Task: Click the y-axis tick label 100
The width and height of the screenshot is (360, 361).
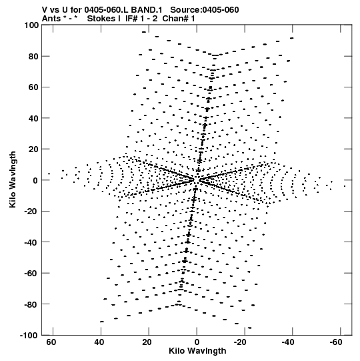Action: pos(32,25)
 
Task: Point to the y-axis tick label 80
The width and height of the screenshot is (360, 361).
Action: pos(33,57)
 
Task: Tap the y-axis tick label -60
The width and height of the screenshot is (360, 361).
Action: pos(32,274)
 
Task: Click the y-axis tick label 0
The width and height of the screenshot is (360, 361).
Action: pos(35,180)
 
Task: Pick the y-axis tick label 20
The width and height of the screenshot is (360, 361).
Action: pos(33,149)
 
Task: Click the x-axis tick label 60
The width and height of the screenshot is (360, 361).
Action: pos(51,342)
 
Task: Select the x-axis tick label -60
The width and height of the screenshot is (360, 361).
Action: pos(336,342)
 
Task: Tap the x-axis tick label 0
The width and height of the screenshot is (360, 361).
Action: pos(197,342)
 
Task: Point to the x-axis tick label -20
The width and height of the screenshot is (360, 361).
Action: pos(240,342)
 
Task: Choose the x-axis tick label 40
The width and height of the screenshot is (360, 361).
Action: pos(99,342)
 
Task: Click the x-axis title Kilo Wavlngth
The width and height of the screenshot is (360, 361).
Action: pos(197,351)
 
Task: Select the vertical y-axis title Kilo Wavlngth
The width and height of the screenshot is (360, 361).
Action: pos(13,179)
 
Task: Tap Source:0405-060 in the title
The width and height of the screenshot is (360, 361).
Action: pos(205,10)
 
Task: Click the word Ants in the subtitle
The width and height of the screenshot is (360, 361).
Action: pos(51,19)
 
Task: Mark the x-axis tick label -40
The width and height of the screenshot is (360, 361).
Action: pos(288,342)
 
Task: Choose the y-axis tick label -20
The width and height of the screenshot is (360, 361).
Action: pos(32,212)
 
